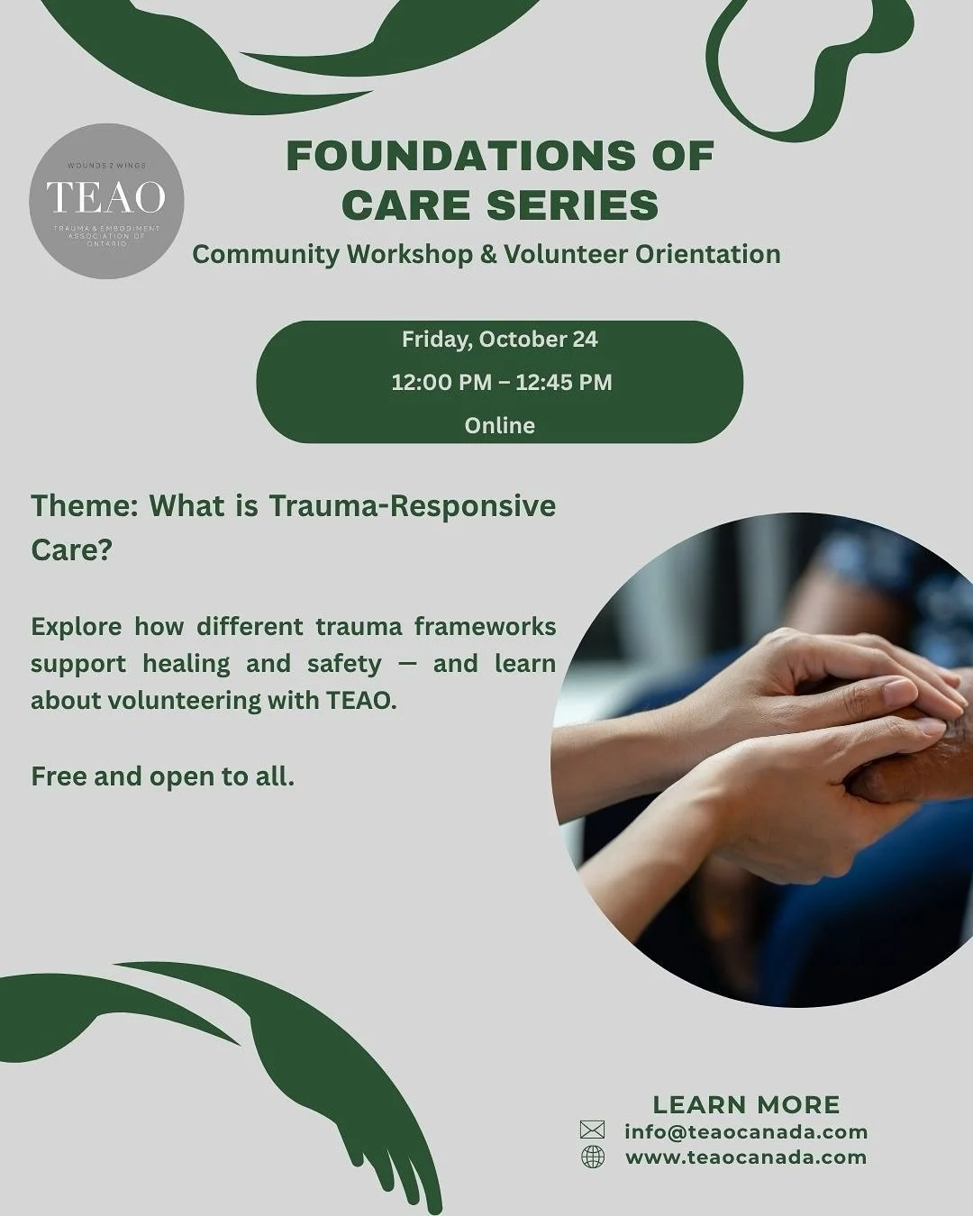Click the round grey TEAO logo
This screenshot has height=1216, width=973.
tap(106, 201)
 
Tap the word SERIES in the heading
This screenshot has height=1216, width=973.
tap(573, 204)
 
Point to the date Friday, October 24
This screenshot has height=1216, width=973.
tap(499, 340)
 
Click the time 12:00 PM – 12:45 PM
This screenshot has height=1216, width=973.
tap(501, 382)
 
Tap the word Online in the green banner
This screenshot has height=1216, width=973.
tap(499, 425)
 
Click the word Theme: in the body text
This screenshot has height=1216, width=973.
tap(83, 505)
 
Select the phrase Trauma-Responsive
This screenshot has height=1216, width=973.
tap(412, 505)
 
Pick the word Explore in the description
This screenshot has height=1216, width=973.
tap(77, 626)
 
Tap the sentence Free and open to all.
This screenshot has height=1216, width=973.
tap(162, 776)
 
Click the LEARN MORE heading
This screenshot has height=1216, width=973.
tap(746, 1104)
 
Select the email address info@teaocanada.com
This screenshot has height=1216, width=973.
tap(746, 1131)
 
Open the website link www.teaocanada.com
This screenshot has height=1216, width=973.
tap(746, 1157)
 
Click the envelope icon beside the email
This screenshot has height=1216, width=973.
tap(592, 1130)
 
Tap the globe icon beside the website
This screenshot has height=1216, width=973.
tap(593, 1157)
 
